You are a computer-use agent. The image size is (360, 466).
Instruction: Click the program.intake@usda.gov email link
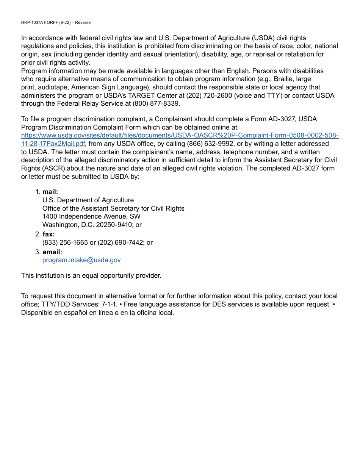click(x=81, y=260)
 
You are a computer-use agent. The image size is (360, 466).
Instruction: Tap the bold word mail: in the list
click(x=50, y=192)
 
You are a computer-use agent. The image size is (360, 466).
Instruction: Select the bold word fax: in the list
click(x=49, y=234)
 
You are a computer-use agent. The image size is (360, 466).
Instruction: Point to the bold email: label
click(x=52, y=252)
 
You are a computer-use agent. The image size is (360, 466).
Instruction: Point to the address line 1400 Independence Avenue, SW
click(x=91, y=216)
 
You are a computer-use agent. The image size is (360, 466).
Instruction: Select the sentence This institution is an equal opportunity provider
click(x=91, y=275)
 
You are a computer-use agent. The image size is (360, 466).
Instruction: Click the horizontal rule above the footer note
click(x=180, y=290)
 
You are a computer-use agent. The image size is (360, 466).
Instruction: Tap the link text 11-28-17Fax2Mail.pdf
click(x=53, y=144)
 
